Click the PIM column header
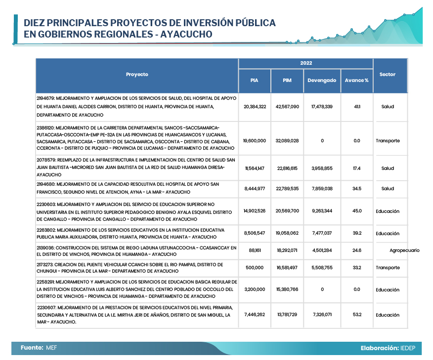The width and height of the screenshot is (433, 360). click(x=287, y=80)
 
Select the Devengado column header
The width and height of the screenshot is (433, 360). click(x=322, y=80)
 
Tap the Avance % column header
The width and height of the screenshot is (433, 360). click(x=356, y=80)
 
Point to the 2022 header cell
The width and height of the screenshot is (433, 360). click(x=305, y=63)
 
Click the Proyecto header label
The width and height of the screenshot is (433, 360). click(x=137, y=75)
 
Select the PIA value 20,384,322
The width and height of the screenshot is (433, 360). click(x=255, y=107)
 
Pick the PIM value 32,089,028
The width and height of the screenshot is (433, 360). click(x=287, y=141)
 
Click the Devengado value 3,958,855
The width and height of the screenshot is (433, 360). click(x=322, y=168)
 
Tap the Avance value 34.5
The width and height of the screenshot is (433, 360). click(x=356, y=189)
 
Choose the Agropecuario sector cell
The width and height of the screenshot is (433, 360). click(x=404, y=250)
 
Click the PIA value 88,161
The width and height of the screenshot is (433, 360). click(x=255, y=250)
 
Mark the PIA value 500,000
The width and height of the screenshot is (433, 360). click(x=255, y=268)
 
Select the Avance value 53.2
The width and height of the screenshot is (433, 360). click(x=356, y=315)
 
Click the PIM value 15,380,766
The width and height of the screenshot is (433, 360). click(x=287, y=289)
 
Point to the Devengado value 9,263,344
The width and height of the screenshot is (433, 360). click(x=322, y=211)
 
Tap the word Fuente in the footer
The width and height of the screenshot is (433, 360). click(x=32, y=348)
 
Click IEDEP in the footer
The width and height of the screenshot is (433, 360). click(x=408, y=348)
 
